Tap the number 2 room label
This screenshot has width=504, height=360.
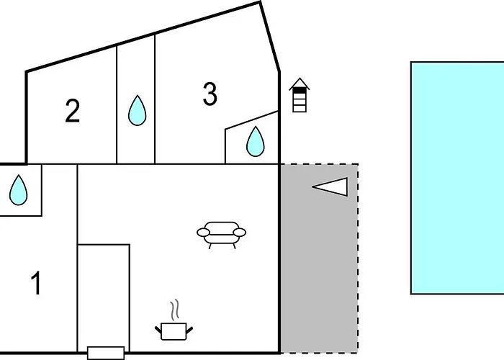coord(72,112)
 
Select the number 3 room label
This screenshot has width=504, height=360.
coord(210,94)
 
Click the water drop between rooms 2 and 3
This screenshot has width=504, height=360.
coord(137,110)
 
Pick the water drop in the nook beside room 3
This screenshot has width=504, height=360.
coord(256,141)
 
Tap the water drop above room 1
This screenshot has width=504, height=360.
coord(19,190)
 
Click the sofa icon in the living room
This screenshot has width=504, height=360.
coord(221,233)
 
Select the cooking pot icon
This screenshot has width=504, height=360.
coord(174,330)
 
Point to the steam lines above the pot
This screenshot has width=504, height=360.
coord(175,311)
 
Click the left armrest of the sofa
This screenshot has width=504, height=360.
coord(202,232)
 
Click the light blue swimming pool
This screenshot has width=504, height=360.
coord(457,177)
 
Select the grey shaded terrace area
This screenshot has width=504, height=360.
coord(318,274)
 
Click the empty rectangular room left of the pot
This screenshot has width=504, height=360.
coord(104,295)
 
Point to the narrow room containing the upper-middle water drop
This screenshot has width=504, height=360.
coord(136,86)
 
